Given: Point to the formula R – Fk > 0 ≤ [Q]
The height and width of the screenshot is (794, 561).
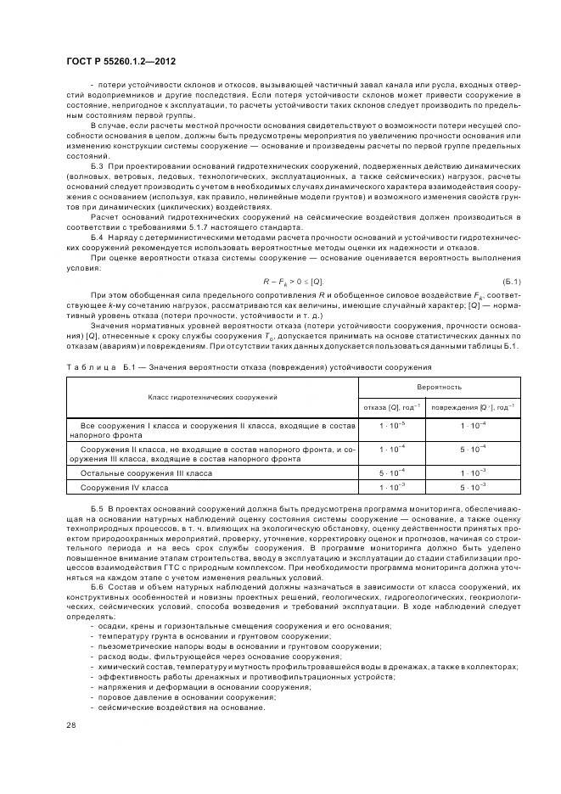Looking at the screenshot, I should click(x=294, y=281).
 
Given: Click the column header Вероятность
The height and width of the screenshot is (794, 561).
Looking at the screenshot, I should click(x=439, y=386).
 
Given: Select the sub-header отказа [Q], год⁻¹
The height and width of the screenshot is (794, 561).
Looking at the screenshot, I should click(x=392, y=406).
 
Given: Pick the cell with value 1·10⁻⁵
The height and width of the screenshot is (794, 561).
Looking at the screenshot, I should click(x=392, y=424).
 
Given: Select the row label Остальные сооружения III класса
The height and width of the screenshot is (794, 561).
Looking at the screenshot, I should click(x=146, y=472).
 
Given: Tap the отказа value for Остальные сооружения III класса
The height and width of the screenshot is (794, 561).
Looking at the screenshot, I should click(x=392, y=472).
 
